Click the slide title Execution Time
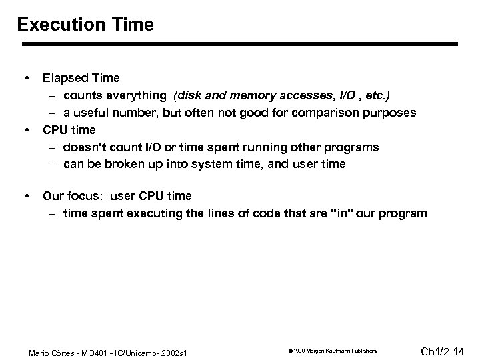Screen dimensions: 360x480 point(85,25)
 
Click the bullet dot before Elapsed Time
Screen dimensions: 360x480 point(26,79)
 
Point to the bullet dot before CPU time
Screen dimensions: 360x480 point(26,129)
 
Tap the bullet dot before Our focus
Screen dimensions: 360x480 point(26,196)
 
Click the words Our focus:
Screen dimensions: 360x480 point(71,197)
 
